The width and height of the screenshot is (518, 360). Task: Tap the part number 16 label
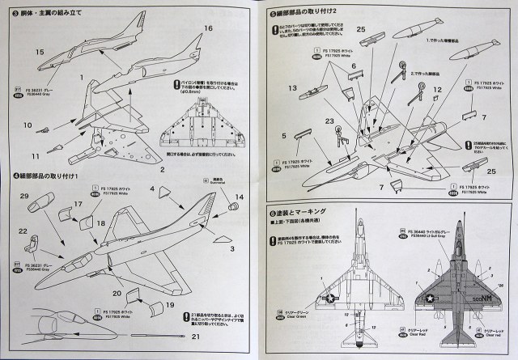pyautogui.click(x=207, y=28)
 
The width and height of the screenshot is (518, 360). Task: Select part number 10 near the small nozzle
pyautogui.click(x=27, y=125)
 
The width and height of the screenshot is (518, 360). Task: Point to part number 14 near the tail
pyautogui.click(x=239, y=197)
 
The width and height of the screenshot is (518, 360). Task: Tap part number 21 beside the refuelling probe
pyautogui.click(x=194, y=336)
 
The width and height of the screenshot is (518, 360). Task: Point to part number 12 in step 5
pyautogui.click(x=436, y=91)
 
